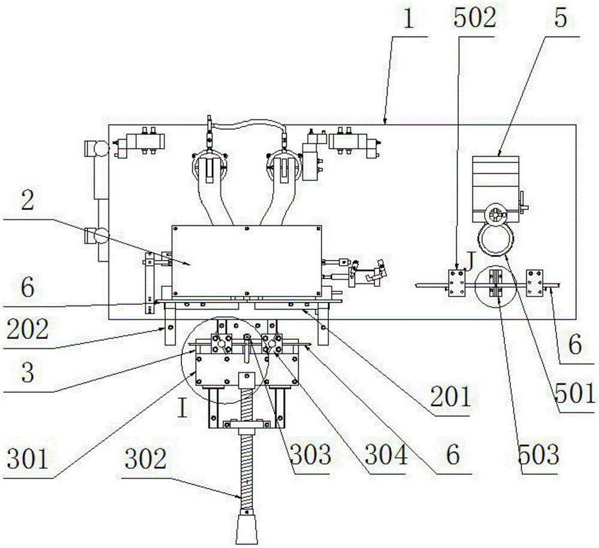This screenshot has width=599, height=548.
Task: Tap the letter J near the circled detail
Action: point(471,259)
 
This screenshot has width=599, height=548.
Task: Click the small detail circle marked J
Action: point(494,286)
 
